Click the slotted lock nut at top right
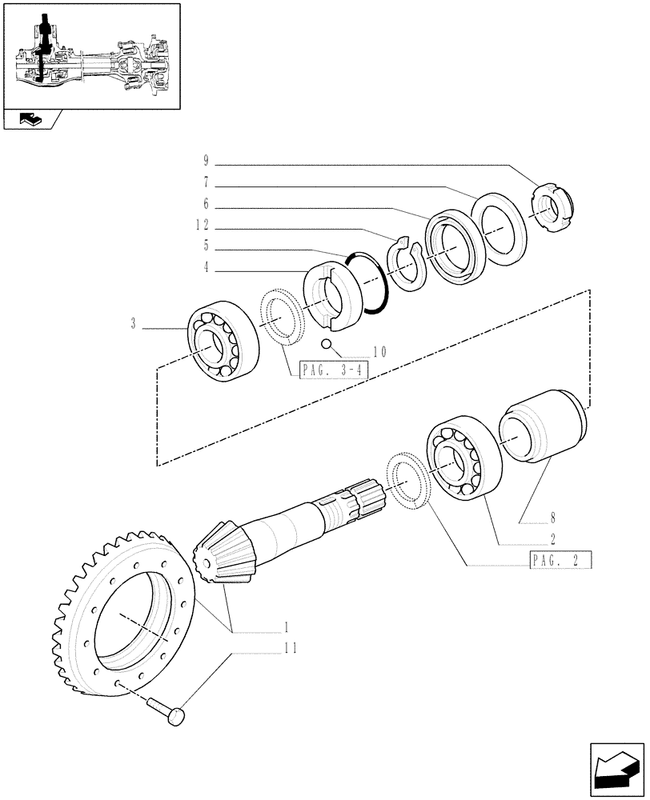tap(552, 210)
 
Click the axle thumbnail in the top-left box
tap(90, 56)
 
